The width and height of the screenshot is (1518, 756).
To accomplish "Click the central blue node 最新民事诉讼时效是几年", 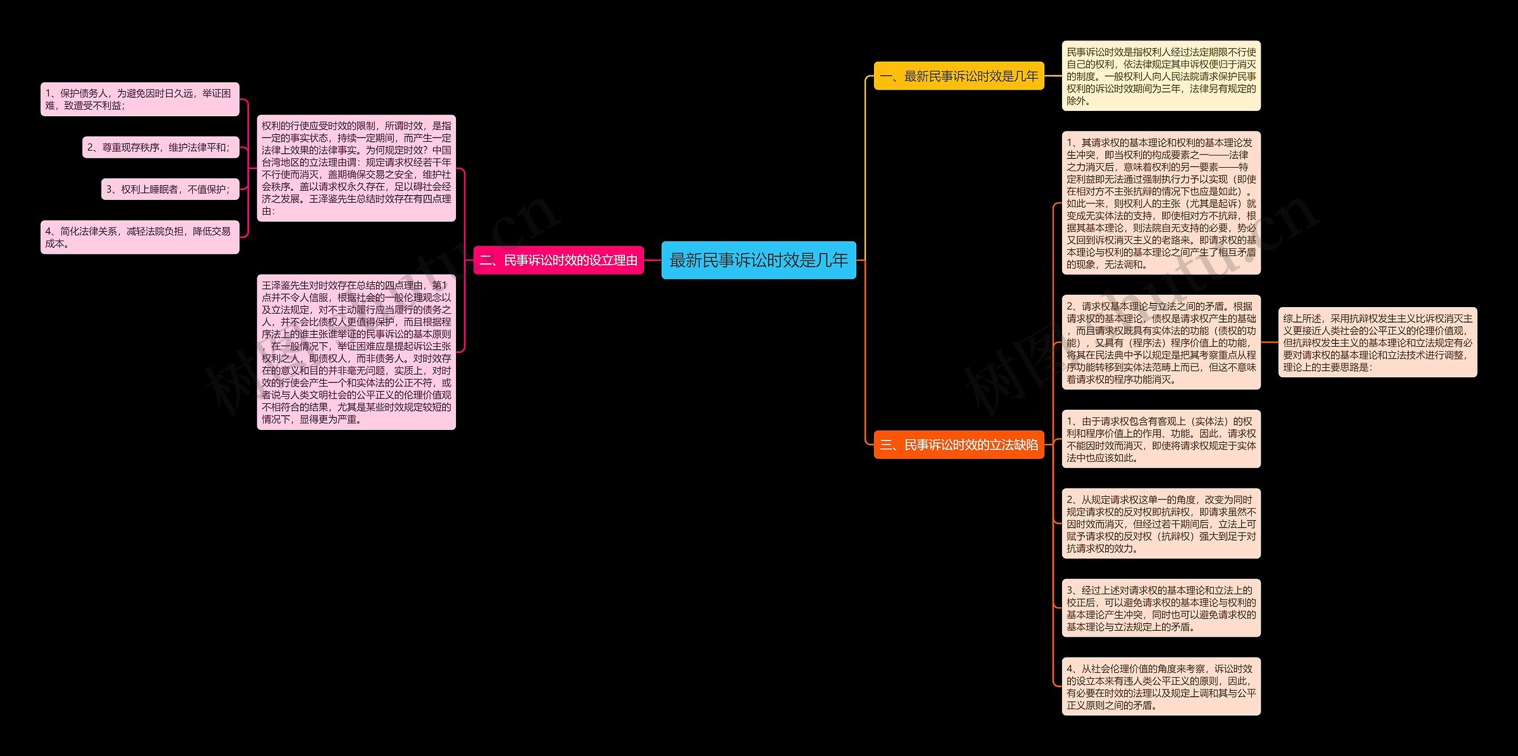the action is click(x=758, y=260).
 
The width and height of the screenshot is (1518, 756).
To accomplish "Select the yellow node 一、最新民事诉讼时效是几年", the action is click(x=959, y=76).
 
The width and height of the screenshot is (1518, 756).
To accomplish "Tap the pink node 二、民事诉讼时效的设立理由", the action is click(x=559, y=260).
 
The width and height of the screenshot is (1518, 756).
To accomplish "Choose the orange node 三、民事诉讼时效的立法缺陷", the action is click(x=959, y=445).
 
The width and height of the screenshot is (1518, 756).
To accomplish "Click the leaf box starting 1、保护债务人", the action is click(x=139, y=99).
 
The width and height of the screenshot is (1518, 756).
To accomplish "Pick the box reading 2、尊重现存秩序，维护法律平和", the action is click(x=160, y=147).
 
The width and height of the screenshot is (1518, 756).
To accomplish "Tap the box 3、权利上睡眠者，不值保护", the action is click(x=170, y=189).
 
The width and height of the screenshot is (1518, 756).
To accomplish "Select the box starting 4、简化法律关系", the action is click(x=139, y=237).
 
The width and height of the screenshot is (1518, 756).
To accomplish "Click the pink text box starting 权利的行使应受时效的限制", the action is click(x=356, y=168).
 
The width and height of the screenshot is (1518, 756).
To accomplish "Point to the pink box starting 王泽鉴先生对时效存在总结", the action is click(x=356, y=352).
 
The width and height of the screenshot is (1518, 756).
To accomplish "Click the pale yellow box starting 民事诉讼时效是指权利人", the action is click(x=1160, y=76).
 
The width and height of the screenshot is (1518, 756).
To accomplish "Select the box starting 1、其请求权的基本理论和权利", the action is click(x=1160, y=203).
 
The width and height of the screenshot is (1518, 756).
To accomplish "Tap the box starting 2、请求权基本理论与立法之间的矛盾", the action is click(x=1160, y=342).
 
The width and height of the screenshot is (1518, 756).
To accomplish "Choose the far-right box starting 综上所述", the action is click(x=1377, y=342).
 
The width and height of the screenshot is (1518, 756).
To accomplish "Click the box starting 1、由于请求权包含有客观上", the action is click(x=1160, y=439).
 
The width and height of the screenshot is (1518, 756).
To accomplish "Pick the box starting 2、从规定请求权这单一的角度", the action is click(x=1160, y=524).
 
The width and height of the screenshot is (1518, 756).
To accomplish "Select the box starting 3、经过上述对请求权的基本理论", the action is click(x=1160, y=608).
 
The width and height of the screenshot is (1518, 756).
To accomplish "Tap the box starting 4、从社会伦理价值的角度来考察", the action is click(x=1160, y=686).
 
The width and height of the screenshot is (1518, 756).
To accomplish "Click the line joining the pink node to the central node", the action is click(x=652, y=260).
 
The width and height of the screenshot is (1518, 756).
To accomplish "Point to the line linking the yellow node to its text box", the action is click(x=1053, y=76).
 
